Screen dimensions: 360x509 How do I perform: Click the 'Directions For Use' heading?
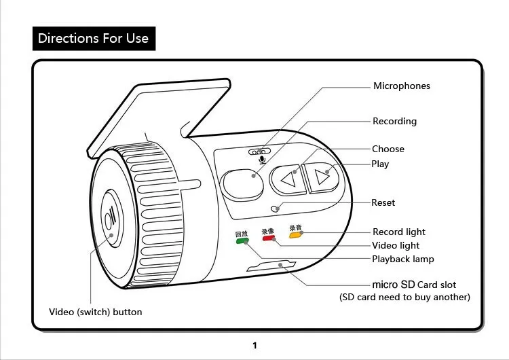[94, 38]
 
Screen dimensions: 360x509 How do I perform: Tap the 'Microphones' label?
[401, 86]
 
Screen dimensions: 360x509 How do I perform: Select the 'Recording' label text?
[394, 122]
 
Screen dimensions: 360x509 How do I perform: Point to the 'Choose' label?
[388, 149]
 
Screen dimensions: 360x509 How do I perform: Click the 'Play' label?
[380, 164]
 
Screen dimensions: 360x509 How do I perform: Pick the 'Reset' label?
[383, 203]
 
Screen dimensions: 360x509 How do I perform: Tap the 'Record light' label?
[399, 232]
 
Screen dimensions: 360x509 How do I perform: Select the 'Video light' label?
[396, 246]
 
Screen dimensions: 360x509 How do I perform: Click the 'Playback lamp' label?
[402, 259]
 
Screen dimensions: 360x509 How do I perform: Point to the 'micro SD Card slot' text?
[414, 285]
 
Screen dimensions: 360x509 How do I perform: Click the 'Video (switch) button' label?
[96, 312]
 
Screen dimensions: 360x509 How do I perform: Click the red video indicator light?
[267, 238]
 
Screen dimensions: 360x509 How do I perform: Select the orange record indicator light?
[295, 235]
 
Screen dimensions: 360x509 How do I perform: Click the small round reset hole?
[275, 208]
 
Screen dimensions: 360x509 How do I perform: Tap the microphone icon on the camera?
[262, 160]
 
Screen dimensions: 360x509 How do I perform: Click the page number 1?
[254, 346]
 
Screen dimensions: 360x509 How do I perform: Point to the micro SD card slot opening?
[271, 266]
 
